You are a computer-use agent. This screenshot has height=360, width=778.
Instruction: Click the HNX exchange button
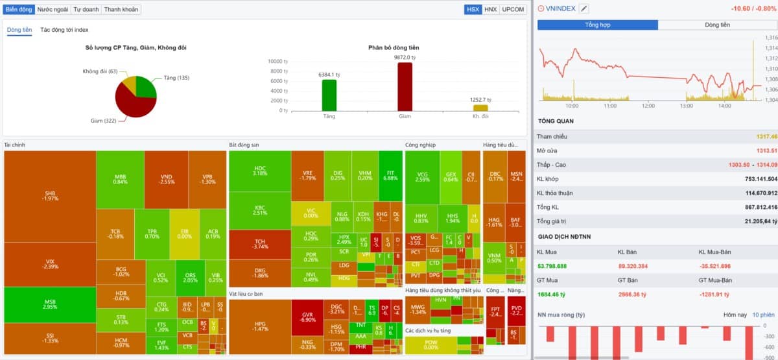click(491, 9)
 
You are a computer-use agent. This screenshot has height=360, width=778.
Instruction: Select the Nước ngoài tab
click(53, 9)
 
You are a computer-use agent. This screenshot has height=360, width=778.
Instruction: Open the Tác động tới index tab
click(65, 30)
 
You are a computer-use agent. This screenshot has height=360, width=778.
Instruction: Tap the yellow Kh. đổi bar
click(480, 108)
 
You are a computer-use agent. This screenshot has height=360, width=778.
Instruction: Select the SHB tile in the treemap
click(50, 197)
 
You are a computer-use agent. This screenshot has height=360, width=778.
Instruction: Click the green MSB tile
click(50, 305)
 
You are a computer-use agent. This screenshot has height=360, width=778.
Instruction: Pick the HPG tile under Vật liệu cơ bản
click(260, 326)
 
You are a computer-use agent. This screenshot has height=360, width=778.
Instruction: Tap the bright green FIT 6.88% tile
click(390, 176)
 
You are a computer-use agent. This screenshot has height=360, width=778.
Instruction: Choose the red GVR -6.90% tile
click(308, 317)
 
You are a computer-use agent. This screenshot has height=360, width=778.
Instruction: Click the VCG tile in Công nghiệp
click(423, 176)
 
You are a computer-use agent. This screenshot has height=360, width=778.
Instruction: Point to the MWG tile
click(418, 309)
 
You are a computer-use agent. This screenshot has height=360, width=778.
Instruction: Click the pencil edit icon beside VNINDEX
click(584, 8)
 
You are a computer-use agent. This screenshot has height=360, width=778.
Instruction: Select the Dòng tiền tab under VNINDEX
click(717, 25)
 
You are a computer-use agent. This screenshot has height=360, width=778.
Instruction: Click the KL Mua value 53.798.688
click(552, 266)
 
